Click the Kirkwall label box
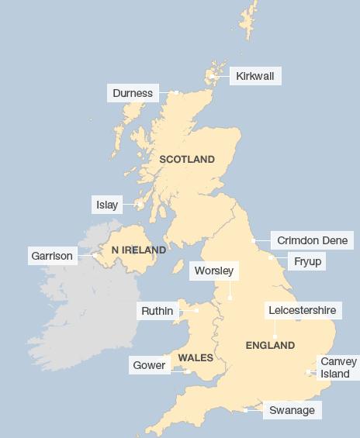(255, 75)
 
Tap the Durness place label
(133, 94)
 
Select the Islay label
(106, 205)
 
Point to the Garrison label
(52, 255)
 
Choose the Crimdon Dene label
(312, 240)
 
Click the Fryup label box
(307, 262)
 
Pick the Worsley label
(213, 271)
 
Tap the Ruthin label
(157, 312)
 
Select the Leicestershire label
(302, 310)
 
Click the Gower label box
(150, 365)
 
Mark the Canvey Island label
(338, 367)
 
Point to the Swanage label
(292, 410)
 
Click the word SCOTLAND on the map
(187, 159)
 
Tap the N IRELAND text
(139, 250)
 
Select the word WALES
(196, 357)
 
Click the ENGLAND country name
(270, 345)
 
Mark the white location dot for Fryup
(270, 257)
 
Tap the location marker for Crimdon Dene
(254, 241)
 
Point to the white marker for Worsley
(230, 298)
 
